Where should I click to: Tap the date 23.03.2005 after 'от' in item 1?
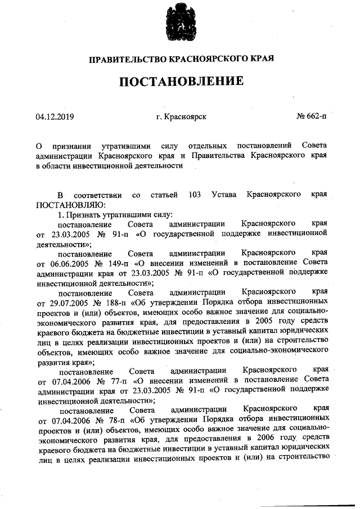point(67,233)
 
